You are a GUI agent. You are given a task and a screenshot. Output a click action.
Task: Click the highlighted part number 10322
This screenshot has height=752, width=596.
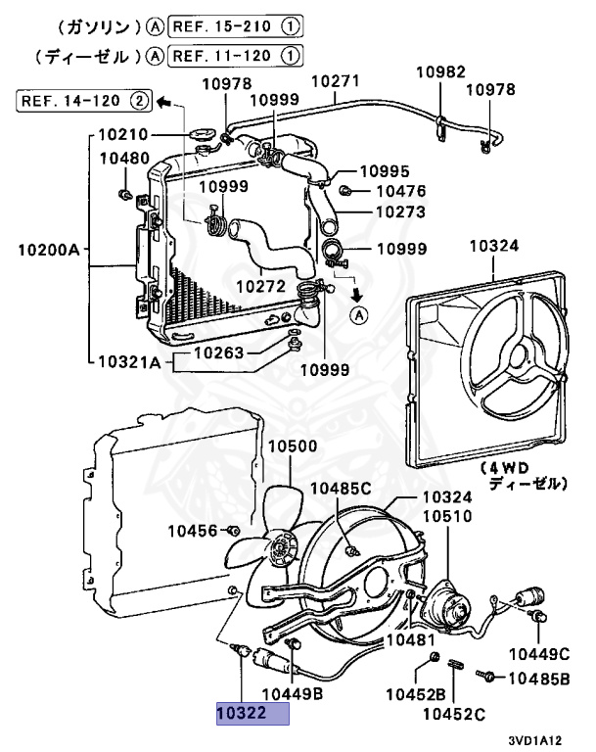[x=252, y=715]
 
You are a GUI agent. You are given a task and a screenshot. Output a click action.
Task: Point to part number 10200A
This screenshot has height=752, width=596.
[x=47, y=251]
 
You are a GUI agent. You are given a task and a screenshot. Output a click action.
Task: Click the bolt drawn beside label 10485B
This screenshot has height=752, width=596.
[x=486, y=676]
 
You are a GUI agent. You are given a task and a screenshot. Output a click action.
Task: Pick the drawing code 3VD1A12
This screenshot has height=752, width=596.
[x=543, y=741]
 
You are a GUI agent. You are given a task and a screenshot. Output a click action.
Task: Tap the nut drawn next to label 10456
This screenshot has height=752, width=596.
[x=234, y=531]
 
